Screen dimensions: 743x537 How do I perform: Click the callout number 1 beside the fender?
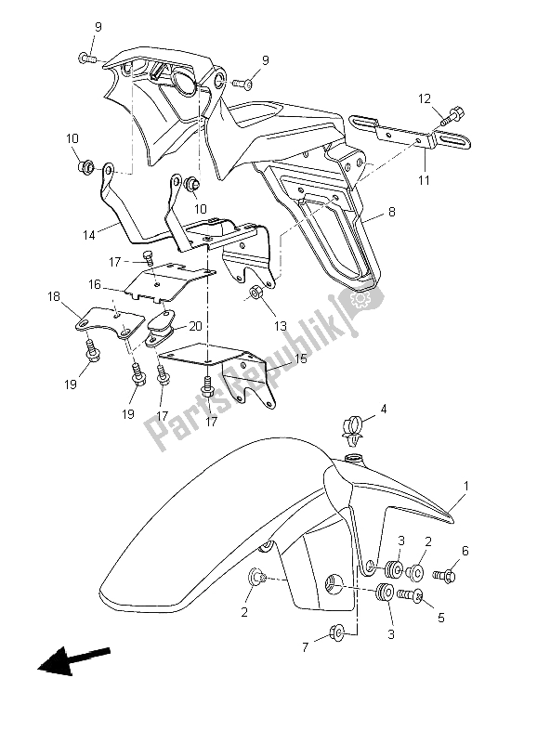[x=466, y=486]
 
